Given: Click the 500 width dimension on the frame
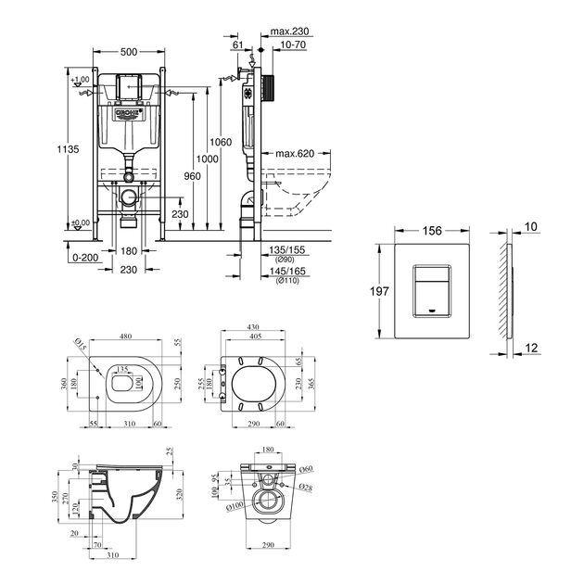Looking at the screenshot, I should [x=129, y=54].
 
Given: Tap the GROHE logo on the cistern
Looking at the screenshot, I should [x=129, y=114].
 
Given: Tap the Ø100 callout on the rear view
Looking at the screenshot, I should [x=235, y=505].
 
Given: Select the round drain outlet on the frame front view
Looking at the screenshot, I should [x=129, y=197].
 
